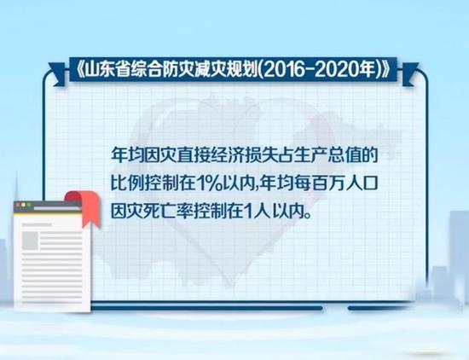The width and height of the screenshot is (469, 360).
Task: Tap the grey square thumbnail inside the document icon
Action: (30, 241)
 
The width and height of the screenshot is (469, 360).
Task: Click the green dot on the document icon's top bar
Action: (29, 205)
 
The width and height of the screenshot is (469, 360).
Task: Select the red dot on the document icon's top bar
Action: (18, 205)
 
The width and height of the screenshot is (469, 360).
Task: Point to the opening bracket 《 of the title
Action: (78, 70)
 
